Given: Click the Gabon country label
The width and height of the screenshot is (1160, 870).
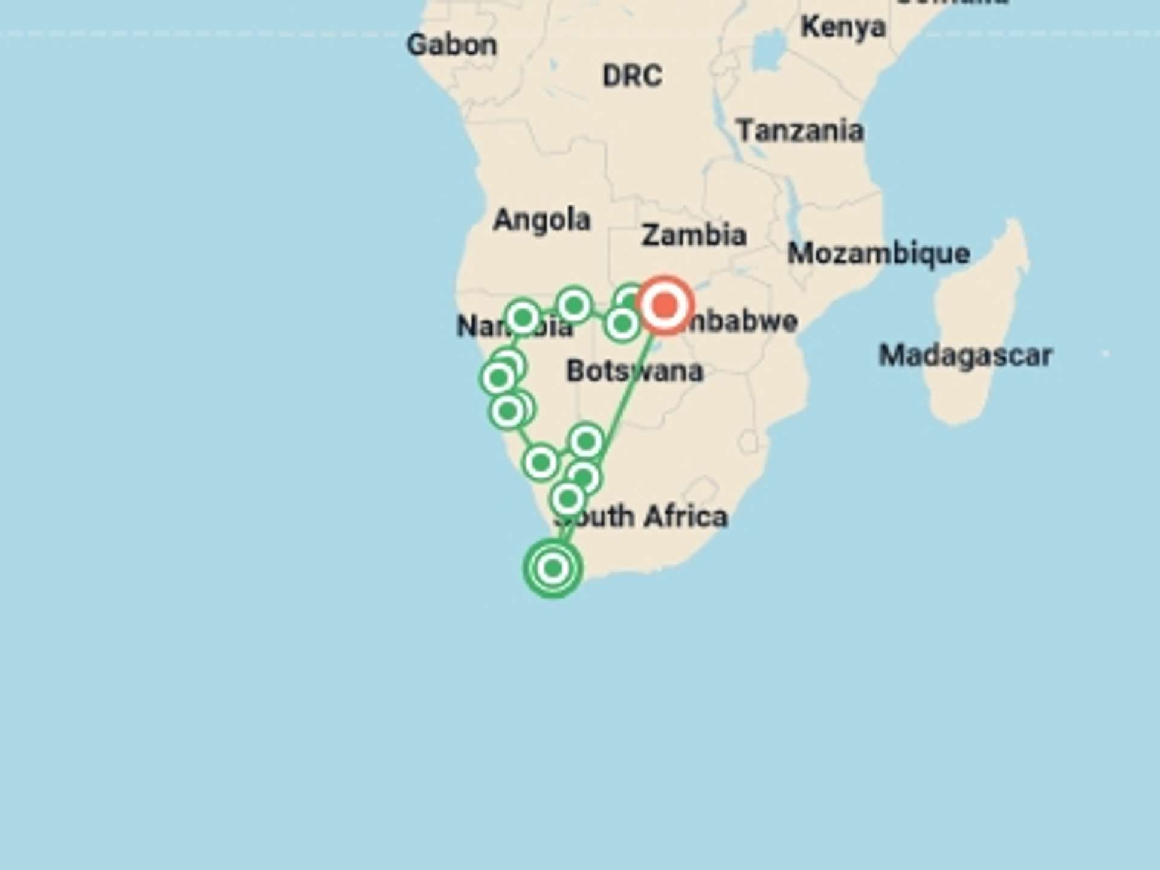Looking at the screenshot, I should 451,45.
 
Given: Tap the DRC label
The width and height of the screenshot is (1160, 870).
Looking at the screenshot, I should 632,76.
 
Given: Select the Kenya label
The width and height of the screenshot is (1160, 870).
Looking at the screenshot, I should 843,27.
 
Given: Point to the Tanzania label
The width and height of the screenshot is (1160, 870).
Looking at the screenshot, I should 799,131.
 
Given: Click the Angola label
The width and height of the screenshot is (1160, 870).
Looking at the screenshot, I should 541,220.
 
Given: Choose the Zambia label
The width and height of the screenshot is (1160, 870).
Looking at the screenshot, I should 694,235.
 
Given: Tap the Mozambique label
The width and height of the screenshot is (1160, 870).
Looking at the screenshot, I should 878,253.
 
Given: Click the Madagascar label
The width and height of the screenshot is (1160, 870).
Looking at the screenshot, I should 965,355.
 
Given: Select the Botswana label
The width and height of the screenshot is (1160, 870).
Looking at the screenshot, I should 634,370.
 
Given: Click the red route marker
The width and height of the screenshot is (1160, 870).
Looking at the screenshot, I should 665,305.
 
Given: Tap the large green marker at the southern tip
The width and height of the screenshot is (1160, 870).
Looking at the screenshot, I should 553,568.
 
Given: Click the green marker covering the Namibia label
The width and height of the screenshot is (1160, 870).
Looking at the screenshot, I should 523,317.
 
